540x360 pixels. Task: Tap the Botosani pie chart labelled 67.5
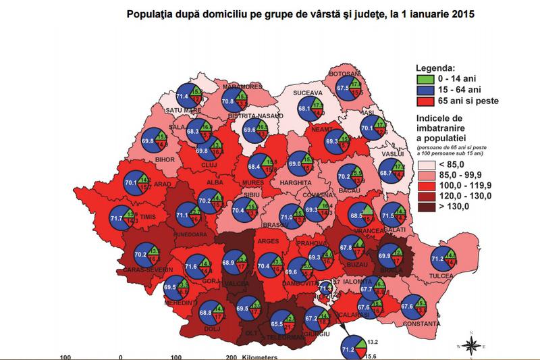350,87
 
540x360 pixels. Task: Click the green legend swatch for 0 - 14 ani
424,78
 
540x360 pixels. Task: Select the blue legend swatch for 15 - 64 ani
424,90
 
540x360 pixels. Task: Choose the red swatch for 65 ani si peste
424,102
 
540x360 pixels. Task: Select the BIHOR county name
165,159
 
